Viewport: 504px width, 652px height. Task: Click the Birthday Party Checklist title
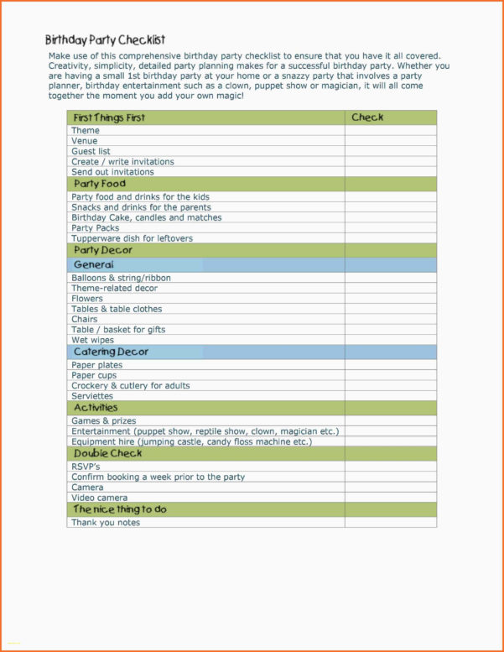tap(105, 39)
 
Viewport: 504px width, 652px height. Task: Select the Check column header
tap(367, 117)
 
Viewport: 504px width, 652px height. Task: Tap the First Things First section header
tap(109, 117)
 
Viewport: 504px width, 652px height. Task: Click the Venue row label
tap(85, 141)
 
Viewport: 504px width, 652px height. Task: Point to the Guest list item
tap(91, 151)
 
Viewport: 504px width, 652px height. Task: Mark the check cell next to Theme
tap(390, 131)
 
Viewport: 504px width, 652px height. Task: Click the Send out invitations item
tap(112, 172)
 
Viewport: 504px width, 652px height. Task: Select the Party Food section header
tap(100, 184)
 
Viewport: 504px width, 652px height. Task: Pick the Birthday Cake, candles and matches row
tap(147, 217)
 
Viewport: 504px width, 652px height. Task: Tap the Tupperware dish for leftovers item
tap(132, 238)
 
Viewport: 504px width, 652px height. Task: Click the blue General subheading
tap(94, 265)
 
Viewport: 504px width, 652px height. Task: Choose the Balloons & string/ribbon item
tap(121, 278)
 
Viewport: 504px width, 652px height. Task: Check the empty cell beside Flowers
tap(390, 299)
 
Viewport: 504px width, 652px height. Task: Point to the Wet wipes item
tap(92, 340)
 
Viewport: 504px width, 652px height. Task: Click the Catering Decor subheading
tap(111, 352)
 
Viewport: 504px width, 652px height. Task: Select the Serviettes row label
tap(92, 396)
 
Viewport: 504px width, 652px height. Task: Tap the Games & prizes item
tap(103, 421)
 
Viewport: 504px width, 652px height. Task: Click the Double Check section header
tap(107, 453)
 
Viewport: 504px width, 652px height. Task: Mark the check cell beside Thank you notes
tap(390, 523)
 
